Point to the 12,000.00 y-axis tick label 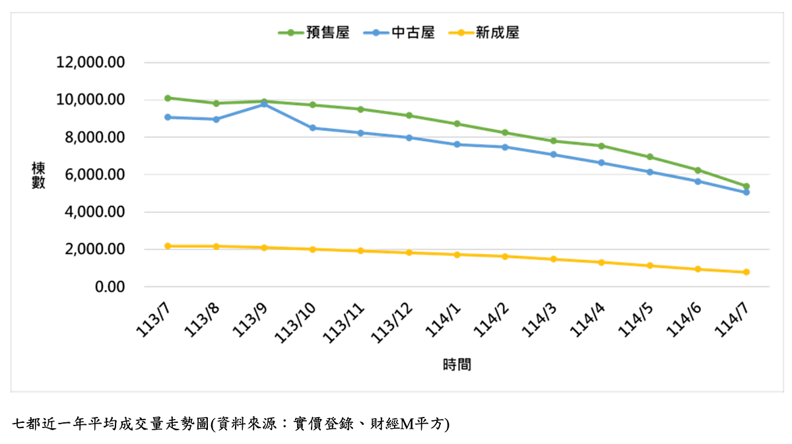click(x=91, y=63)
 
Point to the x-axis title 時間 click(x=457, y=364)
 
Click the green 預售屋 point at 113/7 click(x=168, y=98)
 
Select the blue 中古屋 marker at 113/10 click(x=313, y=128)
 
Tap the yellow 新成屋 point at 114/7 click(x=746, y=272)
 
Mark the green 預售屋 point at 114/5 click(x=650, y=157)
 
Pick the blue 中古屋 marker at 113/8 click(x=216, y=119)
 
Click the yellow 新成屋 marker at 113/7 click(x=168, y=246)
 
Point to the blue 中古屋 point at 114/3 click(x=553, y=154)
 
